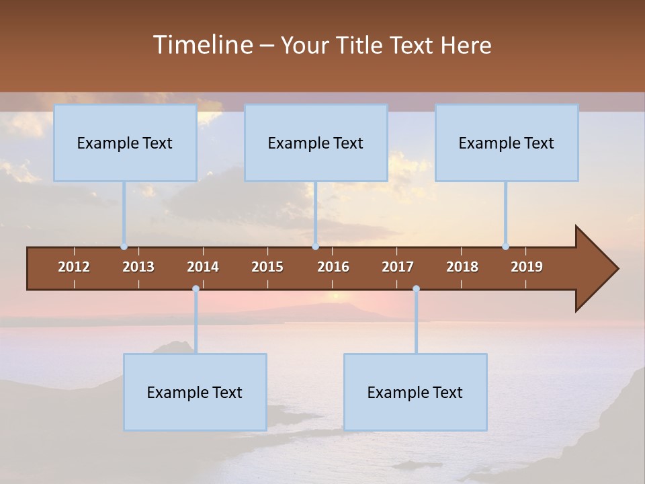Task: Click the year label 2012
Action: (x=74, y=267)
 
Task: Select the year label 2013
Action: (x=138, y=267)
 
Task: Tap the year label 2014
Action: (x=203, y=267)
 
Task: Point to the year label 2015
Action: (x=267, y=267)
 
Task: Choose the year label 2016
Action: (x=333, y=267)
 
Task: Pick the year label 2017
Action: (x=398, y=267)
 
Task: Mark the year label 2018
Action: (x=462, y=267)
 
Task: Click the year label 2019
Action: (x=527, y=267)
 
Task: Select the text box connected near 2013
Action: (x=125, y=143)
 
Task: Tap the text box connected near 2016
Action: (x=316, y=143)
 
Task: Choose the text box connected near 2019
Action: (x=507, y=143)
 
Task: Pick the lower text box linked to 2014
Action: (x=195, y=393)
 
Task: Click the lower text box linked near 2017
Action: (x=415, y=393)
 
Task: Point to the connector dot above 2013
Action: (x=124, y=246)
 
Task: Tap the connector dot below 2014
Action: (x=196, y=289)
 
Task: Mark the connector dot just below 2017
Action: (x=416, y=289)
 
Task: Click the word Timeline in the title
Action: (x=203, y=45)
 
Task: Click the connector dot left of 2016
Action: (x=315, y=246)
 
